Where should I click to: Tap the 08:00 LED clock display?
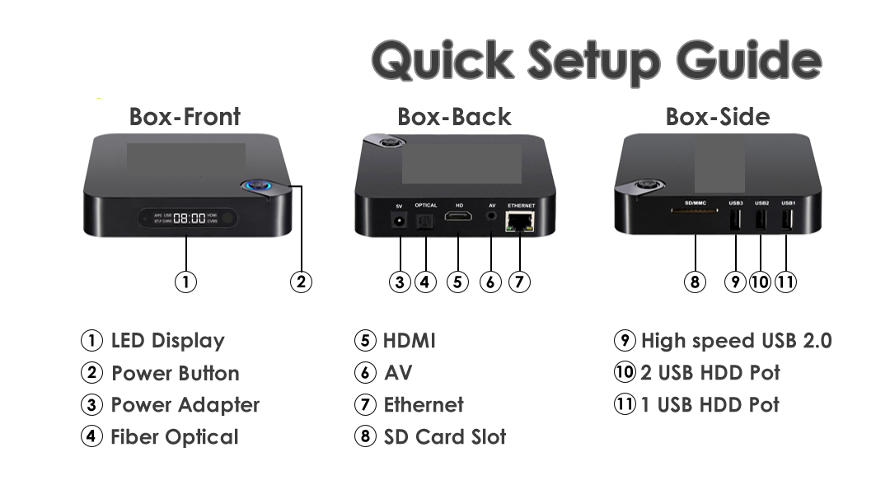189,218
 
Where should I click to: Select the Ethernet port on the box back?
520,221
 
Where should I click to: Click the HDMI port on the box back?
458,216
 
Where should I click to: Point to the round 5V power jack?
399,220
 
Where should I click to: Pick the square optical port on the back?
425,221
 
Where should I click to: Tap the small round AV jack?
491,216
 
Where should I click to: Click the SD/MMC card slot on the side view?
694,211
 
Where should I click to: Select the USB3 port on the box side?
736,220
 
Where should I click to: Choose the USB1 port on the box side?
787,220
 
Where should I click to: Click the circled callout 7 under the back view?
519,282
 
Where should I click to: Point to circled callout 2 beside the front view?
301,282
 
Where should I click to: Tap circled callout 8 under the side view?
695,282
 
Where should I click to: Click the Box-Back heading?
454,117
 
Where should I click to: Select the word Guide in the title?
749,60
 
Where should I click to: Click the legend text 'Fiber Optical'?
175,436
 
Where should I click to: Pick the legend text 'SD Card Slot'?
445,436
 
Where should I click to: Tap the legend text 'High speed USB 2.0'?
736,340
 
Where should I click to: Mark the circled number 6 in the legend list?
365,373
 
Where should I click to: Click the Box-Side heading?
718,117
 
